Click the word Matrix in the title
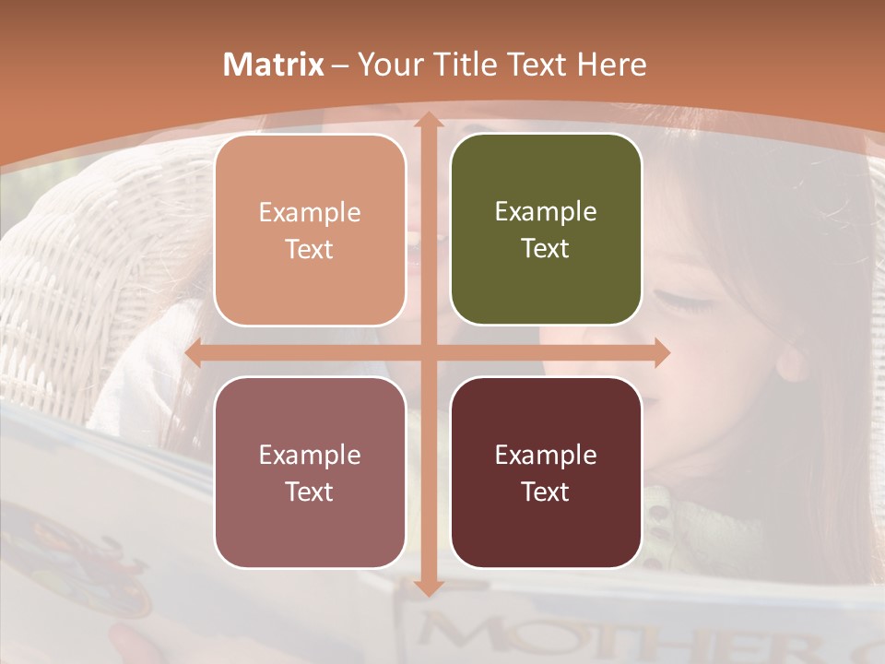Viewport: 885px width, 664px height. (x=274, y=65)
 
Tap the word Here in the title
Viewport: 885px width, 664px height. (x=612, y=65)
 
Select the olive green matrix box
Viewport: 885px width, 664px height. (x=546, y=230)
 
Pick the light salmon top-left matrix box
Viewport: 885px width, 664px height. (x=310, y=231)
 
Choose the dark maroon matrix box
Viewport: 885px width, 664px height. (x=546, y=473)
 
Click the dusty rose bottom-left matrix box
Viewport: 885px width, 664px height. (x=310, y=473)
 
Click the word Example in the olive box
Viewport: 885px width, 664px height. (x=546, y=212)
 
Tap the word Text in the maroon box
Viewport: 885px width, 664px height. (x=546, y=492)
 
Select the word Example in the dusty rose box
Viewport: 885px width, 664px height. (x=310, y=455)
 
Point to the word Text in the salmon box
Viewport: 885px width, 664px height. (x=310, y=249)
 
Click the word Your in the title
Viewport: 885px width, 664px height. (x=386, y=65)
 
